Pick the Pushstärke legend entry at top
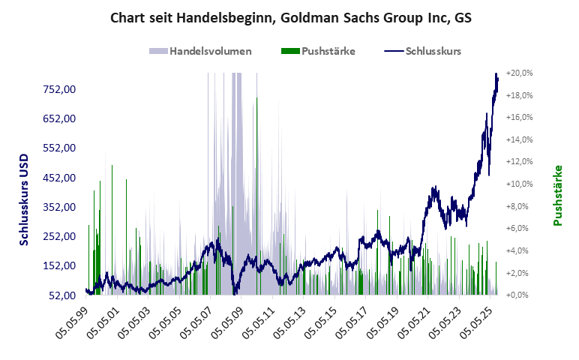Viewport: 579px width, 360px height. [328, 52]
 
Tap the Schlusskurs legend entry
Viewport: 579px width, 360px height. [432, 52]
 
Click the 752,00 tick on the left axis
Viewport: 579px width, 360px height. [60, 89]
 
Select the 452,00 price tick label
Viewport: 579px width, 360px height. [60, 178]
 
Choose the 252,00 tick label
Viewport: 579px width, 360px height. [60, 236]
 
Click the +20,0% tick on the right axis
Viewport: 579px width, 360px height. [519, 73]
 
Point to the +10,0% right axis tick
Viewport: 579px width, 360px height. [519, 184]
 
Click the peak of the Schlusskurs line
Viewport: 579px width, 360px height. [496, 74]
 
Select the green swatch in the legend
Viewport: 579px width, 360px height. [289, 52]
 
